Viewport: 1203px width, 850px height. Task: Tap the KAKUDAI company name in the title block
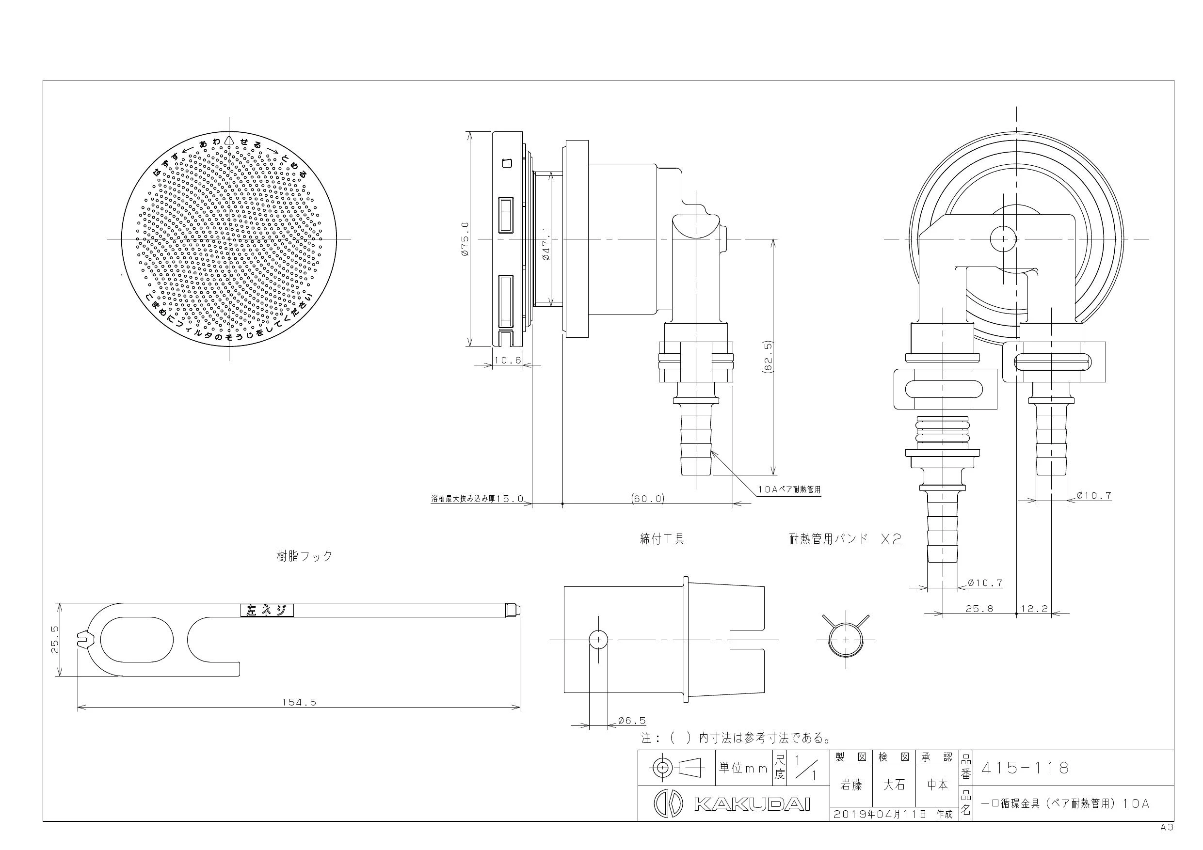point(753,804)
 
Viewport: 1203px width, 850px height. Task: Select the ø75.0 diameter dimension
point(465,239)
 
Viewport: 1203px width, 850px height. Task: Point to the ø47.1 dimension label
point(545,244)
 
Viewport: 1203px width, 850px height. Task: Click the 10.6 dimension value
point(508,361)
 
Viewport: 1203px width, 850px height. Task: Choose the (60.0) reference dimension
point(648,498)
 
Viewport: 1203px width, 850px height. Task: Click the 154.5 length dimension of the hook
point(299,702)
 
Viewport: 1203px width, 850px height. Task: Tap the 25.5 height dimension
point(54,640)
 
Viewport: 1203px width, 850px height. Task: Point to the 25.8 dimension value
point(979,609)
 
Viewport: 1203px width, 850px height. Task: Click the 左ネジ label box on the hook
point(267,610)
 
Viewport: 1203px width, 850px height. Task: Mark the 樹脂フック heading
point(305,556)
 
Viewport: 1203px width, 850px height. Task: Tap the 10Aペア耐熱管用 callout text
point(789,489)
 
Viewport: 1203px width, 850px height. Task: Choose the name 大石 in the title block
point(894,785)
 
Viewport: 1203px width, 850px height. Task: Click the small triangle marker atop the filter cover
point(228,140)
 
